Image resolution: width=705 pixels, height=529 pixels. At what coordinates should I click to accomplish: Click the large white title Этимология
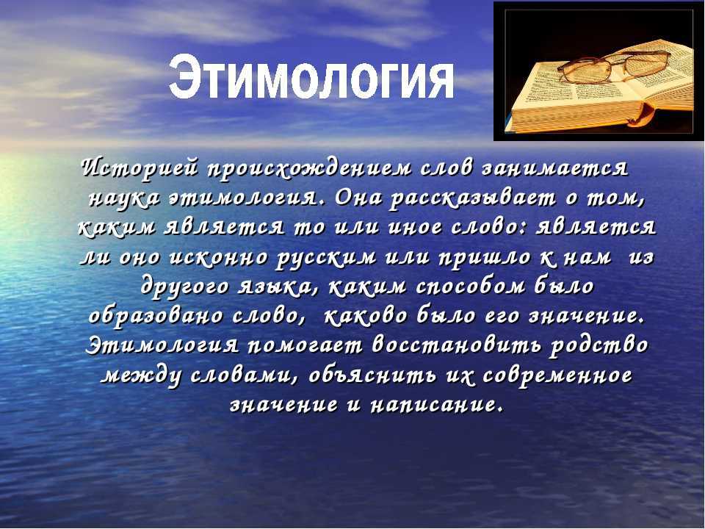pyautogui.click(x=311, y=77)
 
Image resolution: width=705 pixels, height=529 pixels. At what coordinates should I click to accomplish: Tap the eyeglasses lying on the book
pyautogui.click(x=614, y=66)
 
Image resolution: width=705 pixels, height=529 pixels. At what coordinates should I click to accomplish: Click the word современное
pyautogui.click(x=557, y=375)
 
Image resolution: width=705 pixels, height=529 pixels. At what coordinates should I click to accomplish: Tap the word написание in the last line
pyautogui.click(x=435, y=405)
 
